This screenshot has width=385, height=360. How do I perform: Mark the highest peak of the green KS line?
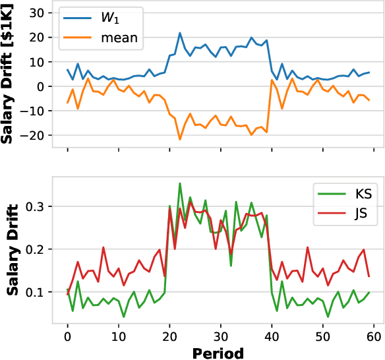tap(180, 183)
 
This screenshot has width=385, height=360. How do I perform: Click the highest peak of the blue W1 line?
tap(180, 32)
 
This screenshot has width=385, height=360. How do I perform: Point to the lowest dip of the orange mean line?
tap(180, 140)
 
